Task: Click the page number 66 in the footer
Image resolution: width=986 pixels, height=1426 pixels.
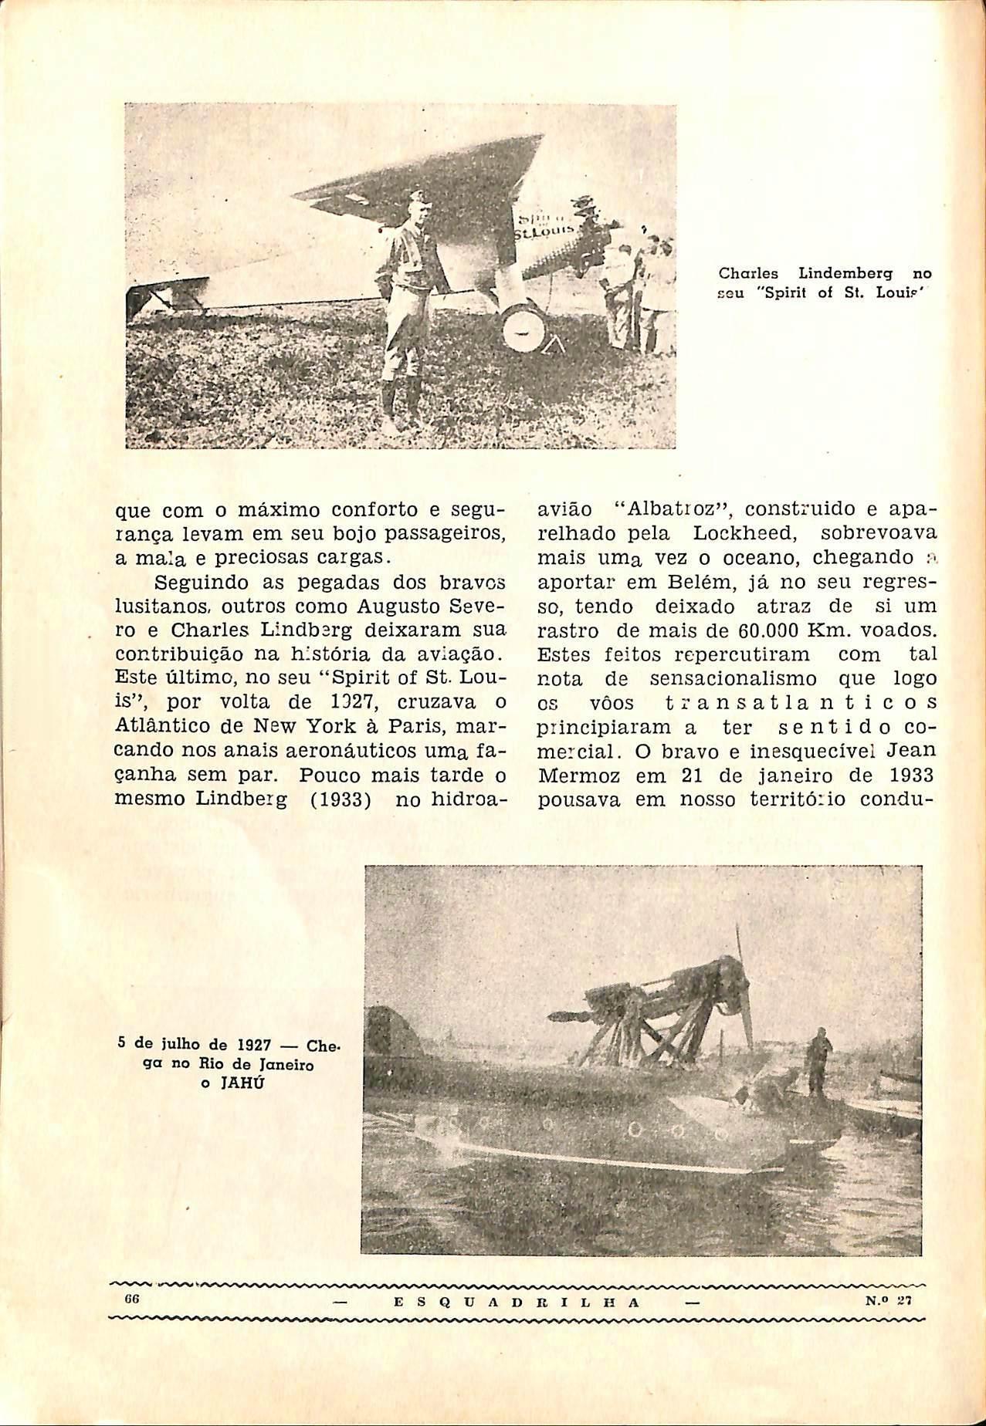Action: click(x=130, y=1299)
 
